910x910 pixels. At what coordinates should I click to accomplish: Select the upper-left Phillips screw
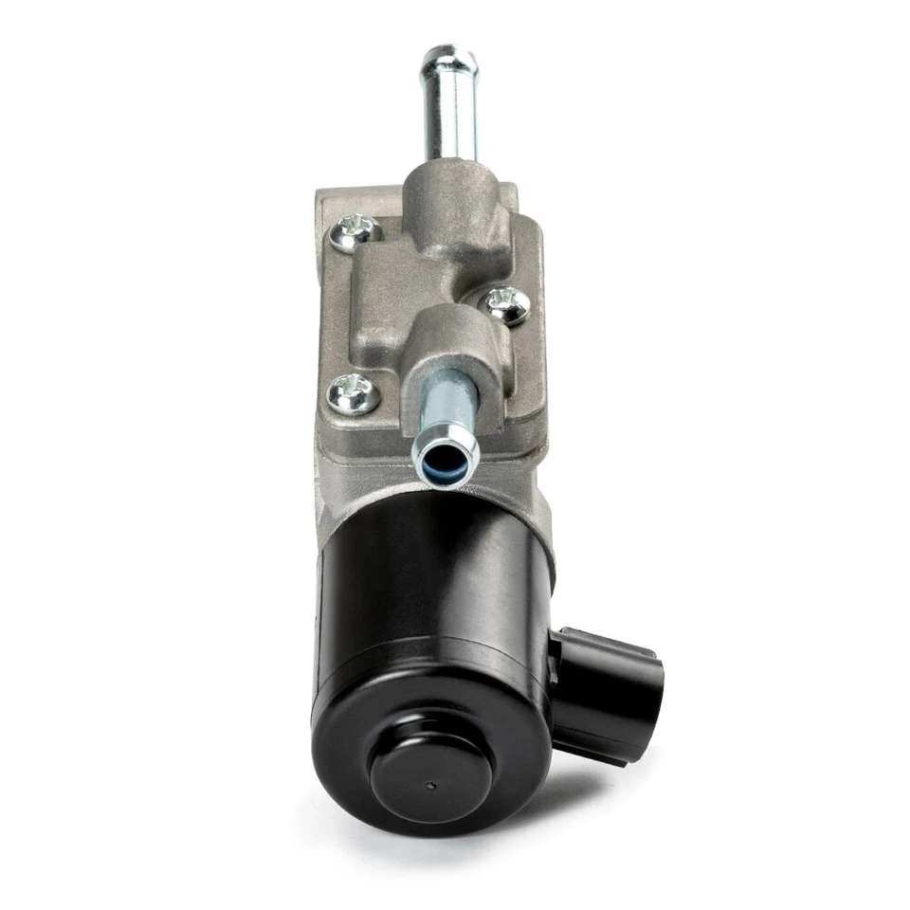coord(358,230)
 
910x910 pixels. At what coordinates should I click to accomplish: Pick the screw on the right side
coord(508,305)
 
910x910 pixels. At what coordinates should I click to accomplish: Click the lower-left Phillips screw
coord(353,393)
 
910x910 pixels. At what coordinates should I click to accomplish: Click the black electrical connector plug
coord(607,692)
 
